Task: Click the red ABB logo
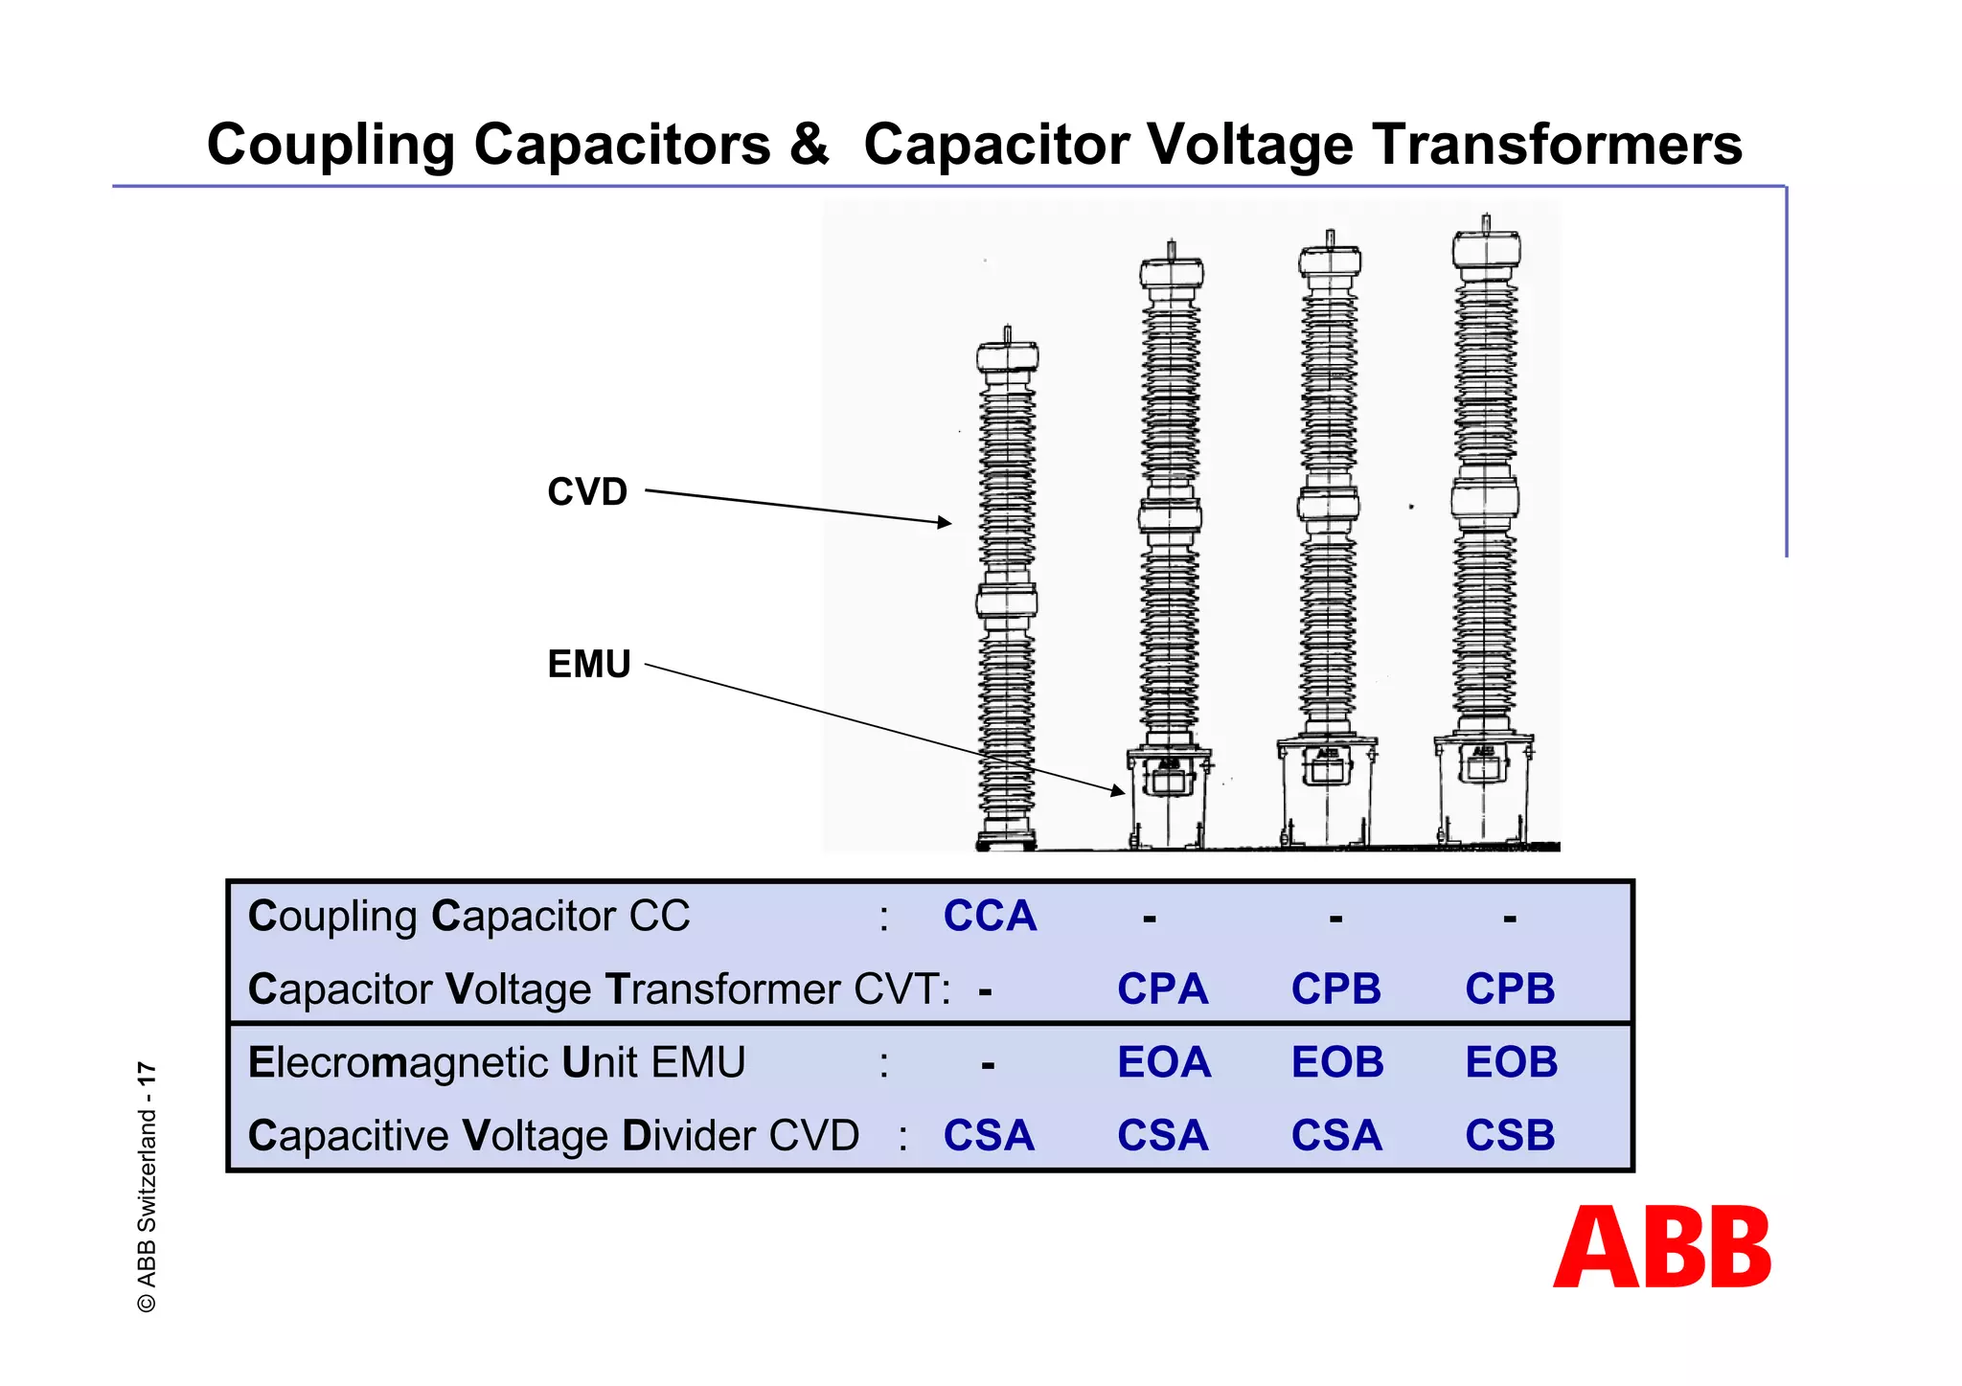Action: tap(1662, 1246)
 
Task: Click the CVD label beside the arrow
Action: tap(587, 491)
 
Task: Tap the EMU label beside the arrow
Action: tap(588, 664)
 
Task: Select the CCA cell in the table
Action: tap(990, 916)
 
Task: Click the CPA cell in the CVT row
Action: tap(1162, 988)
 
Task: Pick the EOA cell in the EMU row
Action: tap(1164, 1062)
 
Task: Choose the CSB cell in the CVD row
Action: tap(1510, 1135)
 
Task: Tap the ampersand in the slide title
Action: tap(810, 145)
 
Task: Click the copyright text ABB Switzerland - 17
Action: tap(147, 1187)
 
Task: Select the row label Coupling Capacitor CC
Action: tap(468, 916)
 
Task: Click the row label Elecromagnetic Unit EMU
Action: tap(496, 1062)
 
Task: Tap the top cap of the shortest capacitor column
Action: tap(1007, 358)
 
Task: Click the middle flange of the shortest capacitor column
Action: tap(1007, 602)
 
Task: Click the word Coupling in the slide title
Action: tap(330, 145)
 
